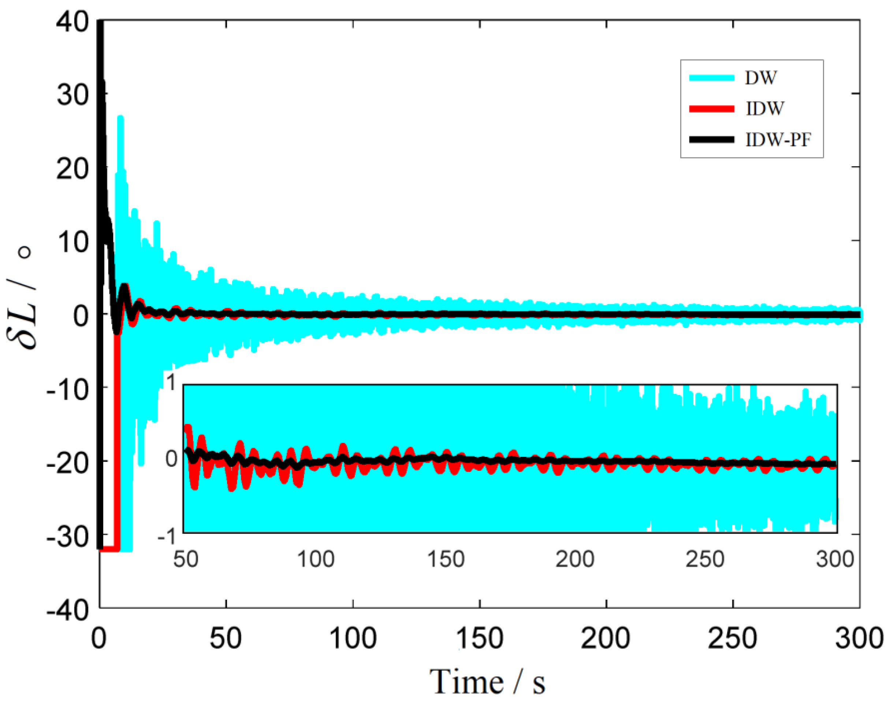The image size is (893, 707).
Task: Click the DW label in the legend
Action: pos(760,78)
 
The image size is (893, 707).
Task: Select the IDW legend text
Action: pos(764,109)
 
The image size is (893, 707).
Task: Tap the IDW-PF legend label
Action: pos(778,140)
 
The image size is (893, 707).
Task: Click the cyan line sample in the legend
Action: pos(711,78)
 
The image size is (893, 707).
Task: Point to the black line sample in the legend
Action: pos(711,140)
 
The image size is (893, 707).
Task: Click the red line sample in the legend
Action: pos(711,109)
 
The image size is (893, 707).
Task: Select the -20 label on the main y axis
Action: pos(68,463)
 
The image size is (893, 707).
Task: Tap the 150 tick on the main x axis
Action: pos(479,638)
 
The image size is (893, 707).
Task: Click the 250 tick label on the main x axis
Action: pos(733,638)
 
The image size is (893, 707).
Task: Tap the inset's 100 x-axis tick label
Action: pos(316,559)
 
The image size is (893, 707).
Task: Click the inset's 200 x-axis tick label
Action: pos(574,559)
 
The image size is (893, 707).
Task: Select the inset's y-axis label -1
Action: pos(167,537)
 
